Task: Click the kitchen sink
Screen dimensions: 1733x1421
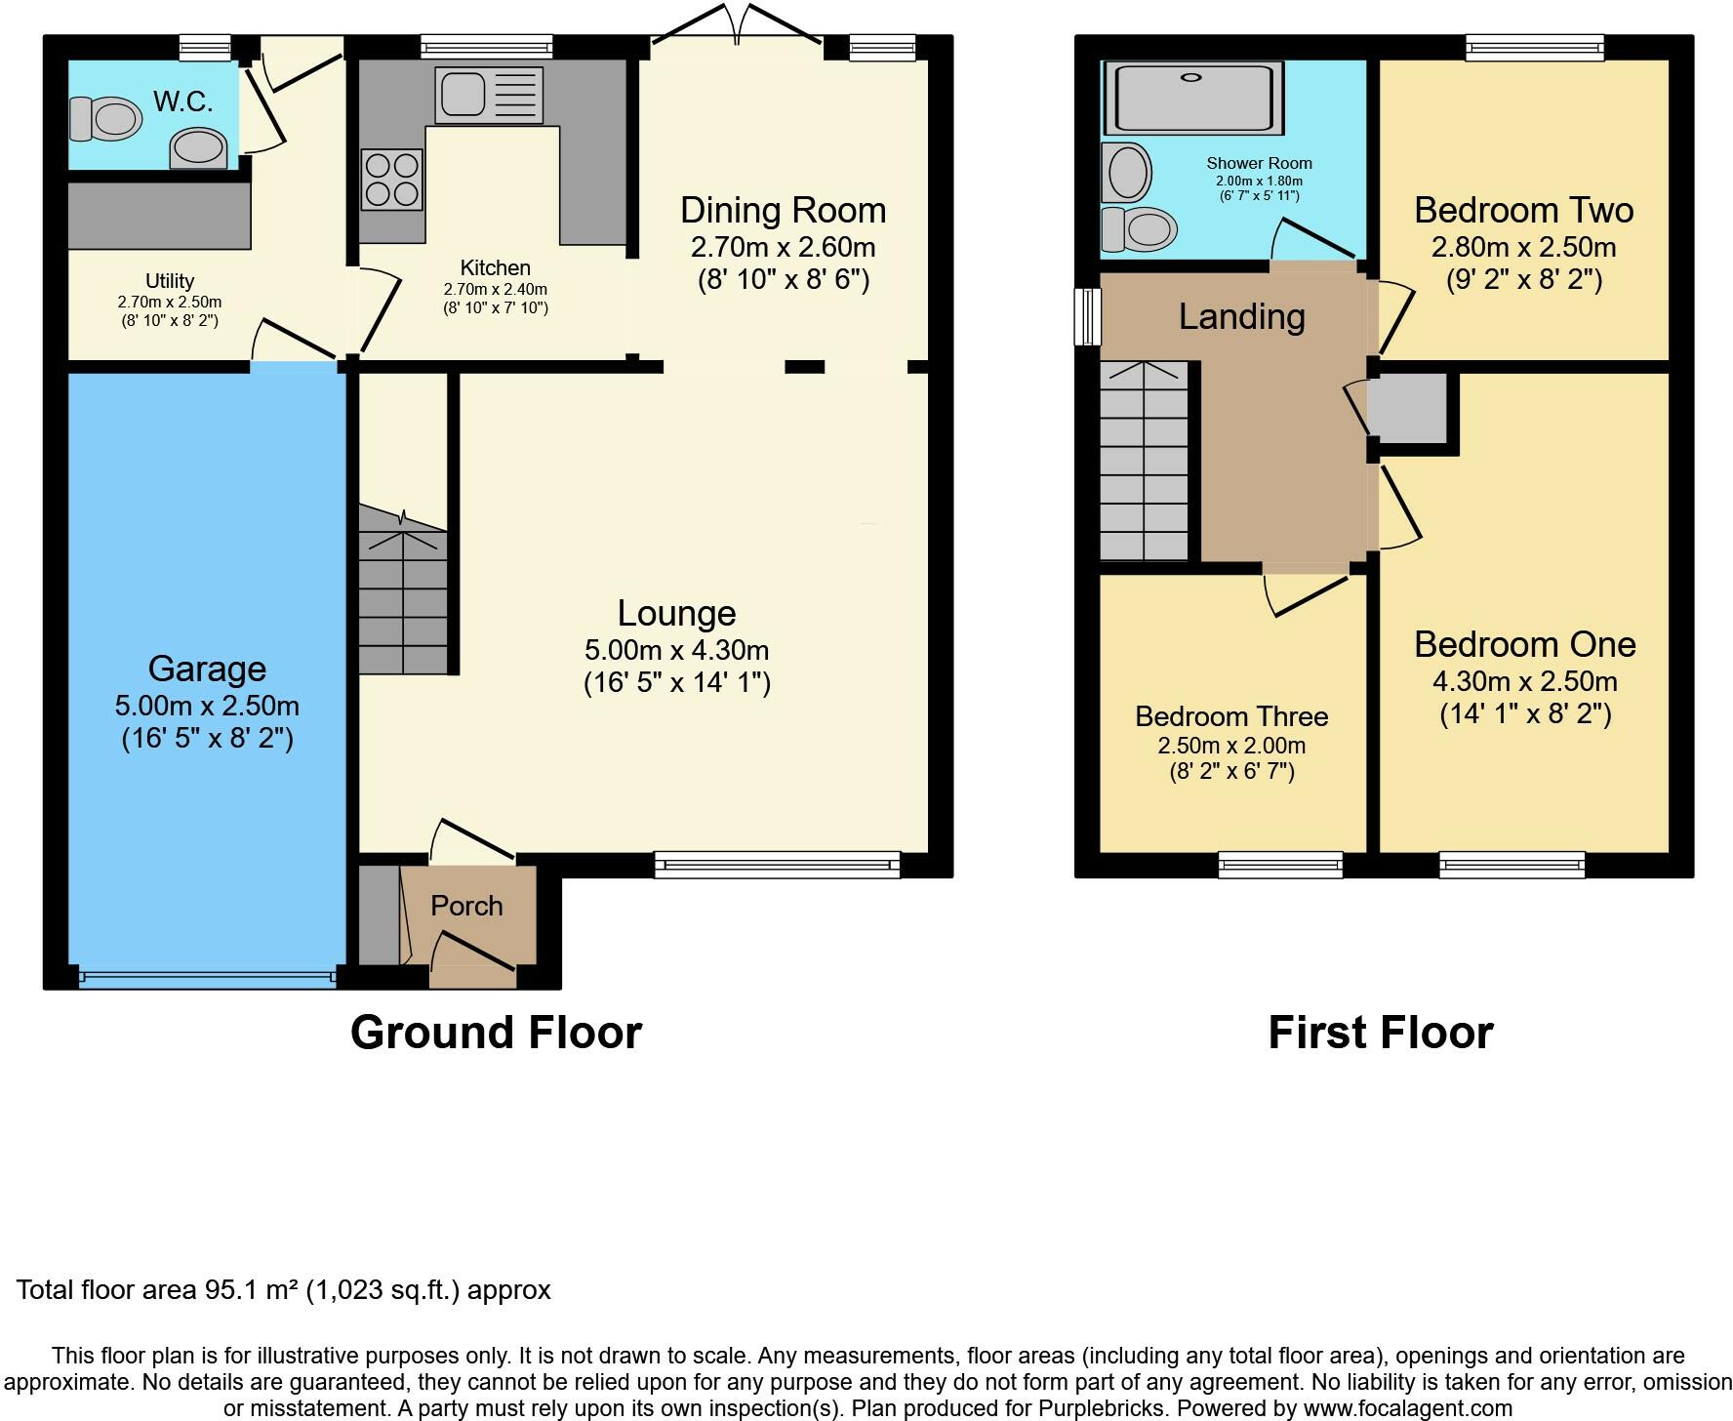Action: (488, 94)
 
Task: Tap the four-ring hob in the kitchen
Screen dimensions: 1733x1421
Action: (392, 180)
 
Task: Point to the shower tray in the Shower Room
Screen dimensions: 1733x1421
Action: (1193, 99)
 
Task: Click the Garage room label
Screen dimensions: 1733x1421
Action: (207, 669)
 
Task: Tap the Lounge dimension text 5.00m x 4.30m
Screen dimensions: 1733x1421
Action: (677, 650)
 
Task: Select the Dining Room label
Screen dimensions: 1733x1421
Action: (783, 210)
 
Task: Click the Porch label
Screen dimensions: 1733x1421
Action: (467, 906)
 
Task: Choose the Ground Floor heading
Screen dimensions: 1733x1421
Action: (496, 1032)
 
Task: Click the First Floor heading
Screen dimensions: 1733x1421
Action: (1381, 1032)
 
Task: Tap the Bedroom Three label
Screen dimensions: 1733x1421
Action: (1231, 716)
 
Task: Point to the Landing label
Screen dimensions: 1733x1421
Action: (1242, 316)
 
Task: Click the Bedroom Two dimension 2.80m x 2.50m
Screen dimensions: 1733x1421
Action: (1524, 248)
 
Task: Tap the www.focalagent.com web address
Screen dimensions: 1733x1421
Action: (1407, 1408)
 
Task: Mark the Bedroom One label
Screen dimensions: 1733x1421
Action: (1525, 644)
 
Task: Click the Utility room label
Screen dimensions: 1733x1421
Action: (170, 281)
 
